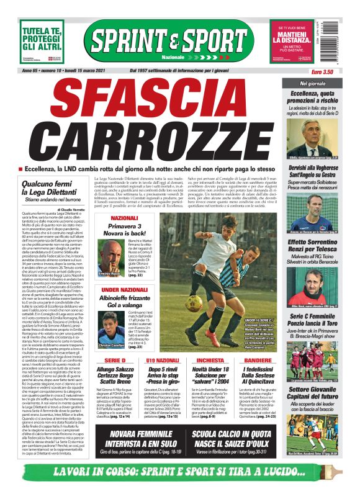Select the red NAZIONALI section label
(x=124, y=218)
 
